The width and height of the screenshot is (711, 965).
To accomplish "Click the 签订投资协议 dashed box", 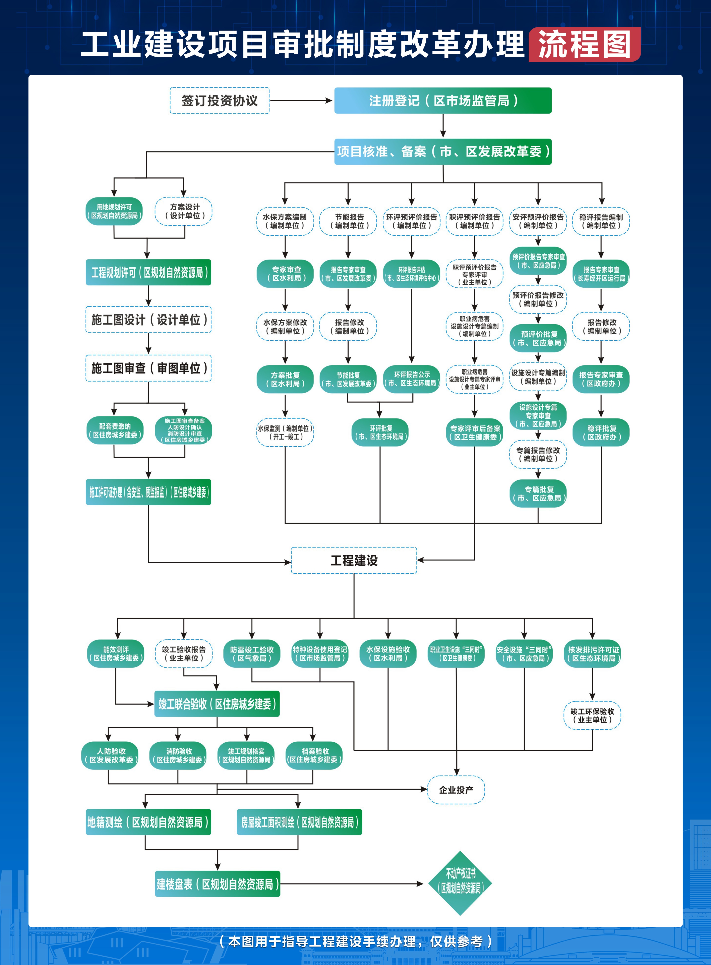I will click(220, 101).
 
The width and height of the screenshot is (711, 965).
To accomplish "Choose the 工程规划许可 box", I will click(149, 272).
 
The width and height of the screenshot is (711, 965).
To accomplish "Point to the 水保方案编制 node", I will click(285, 221).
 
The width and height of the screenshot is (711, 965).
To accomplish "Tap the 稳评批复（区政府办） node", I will click(601, 433).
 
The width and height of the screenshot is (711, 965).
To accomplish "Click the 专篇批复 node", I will click(538, 494).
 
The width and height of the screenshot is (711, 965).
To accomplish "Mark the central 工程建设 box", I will click(354, 560).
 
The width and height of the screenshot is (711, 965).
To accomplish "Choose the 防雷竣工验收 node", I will click(252, 654).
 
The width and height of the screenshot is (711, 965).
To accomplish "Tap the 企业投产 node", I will click(456, 790).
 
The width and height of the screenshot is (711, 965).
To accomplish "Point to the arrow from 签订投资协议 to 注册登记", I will click(301, 101).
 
